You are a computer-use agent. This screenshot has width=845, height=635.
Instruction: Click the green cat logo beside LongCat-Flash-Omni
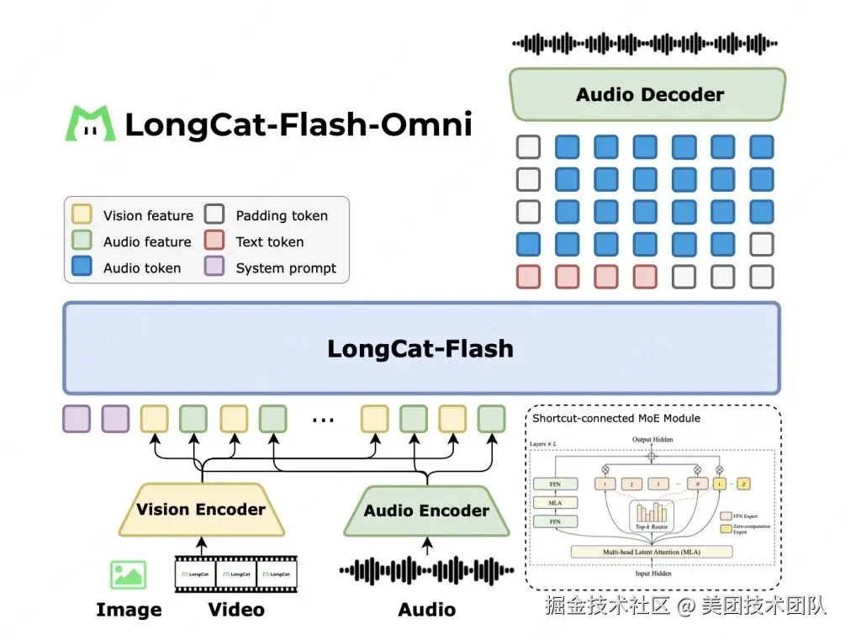tap(90, 124)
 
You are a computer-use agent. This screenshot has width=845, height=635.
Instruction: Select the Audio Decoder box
tap(648, 94)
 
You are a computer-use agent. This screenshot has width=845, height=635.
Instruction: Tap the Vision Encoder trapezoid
tap(201, 510)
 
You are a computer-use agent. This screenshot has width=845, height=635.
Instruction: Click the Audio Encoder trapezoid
tap(426, 511)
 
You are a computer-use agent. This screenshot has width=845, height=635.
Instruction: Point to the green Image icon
tap(128, 574)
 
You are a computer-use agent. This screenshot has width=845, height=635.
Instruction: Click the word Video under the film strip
tap(236, 610)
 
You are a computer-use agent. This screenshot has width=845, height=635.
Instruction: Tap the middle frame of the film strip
tap(236, 574)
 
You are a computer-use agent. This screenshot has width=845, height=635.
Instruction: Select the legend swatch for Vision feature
tap(82, 215)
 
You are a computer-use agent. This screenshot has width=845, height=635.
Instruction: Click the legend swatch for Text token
tap(215, 241)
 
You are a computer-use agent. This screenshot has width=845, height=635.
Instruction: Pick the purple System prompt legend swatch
tap(215, 267)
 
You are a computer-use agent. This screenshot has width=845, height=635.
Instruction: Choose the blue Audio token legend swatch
tap(82, 267)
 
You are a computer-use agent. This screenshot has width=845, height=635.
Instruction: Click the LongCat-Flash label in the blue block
tap(420, 348)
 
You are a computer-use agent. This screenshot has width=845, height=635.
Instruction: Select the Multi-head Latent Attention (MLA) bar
tap(651, 552)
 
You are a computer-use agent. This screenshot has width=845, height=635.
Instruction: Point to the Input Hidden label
tap(651, 573)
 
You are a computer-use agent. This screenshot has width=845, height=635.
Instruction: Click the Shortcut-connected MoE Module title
tap(616, 418)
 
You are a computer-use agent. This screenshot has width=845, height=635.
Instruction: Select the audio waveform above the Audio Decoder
tap(645, 43)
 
